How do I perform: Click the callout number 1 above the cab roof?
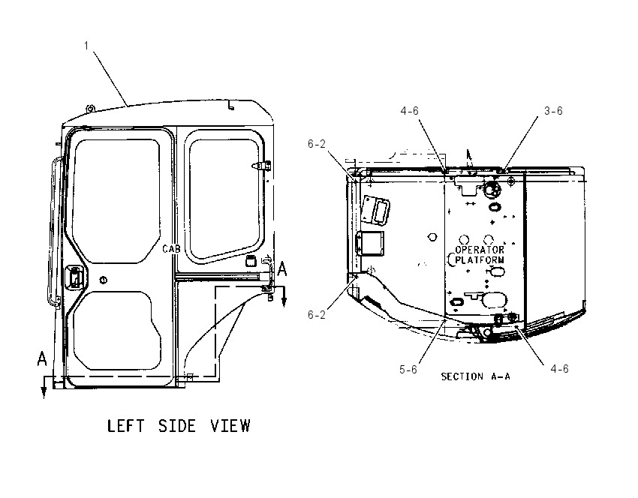[86, 46]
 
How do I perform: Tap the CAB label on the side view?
[171, 249]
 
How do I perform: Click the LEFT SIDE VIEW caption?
[179, 426]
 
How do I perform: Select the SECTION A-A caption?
[475, 376]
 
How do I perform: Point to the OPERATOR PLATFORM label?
[480, 255]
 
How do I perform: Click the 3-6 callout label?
[553, 110]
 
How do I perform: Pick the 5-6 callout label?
[408, 369]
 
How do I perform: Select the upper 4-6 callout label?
[409, 110]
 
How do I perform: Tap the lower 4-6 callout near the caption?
[559, 369]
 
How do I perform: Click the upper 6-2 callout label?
[317, 144]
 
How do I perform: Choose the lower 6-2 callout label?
[317, 315]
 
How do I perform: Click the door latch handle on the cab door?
[75, 277]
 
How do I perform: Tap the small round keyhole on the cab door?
[104, 280]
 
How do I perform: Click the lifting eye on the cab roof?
[90, 109]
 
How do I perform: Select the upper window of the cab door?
[116, 201]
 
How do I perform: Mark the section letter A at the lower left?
[42, 359]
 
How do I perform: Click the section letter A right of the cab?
[281, 269]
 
